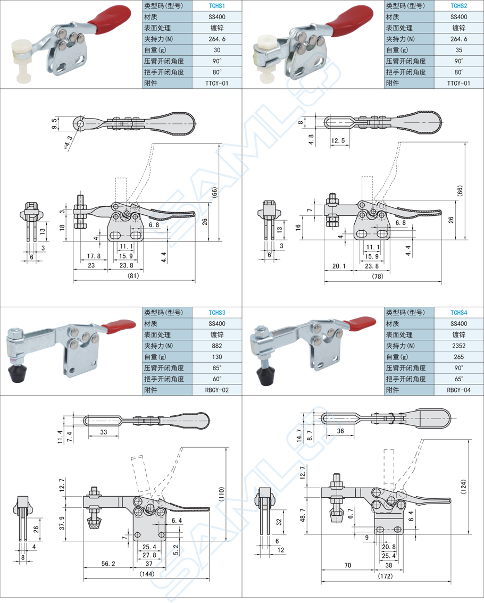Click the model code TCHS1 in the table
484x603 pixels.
point(217,6)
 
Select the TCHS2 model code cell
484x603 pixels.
point(458,6)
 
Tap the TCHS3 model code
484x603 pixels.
point(217,313)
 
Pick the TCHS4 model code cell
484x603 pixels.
point(458,313)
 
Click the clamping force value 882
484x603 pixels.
point(217,346)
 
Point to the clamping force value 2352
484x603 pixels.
point(458,346)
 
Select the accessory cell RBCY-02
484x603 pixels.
point(217,390)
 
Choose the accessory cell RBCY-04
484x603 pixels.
point(458,390)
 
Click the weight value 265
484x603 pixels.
point(458,357)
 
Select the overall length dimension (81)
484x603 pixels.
point(133,275)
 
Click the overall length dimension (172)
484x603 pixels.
point(386,576)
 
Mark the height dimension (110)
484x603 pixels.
point(221,494)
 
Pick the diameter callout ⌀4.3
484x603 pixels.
point(68,142)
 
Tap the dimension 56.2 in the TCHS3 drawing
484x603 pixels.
point(108,564)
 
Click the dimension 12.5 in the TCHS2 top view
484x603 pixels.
point(338,141)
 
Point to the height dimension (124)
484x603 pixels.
point(464,487)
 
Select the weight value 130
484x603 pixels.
point(217,357)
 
